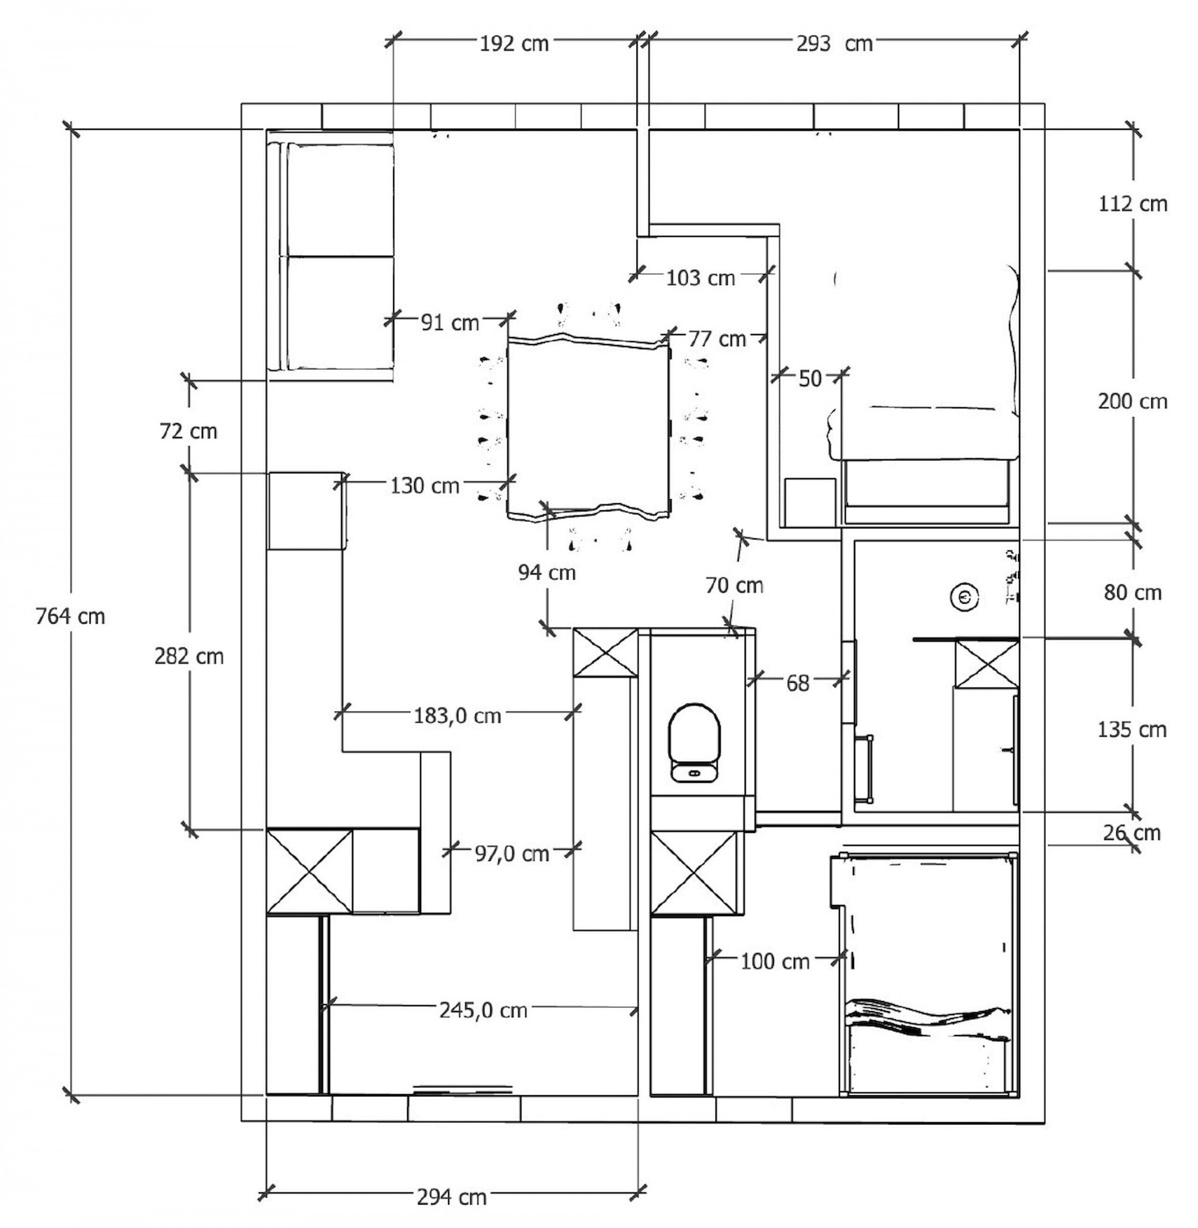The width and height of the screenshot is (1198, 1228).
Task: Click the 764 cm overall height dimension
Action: [70, 616]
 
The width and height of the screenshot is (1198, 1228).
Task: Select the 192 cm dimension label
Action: [514, 44]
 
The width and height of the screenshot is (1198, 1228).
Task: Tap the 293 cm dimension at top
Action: [834, 44]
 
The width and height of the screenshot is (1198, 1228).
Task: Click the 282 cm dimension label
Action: [189, 656]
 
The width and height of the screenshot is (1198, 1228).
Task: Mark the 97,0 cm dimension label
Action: [511, 854]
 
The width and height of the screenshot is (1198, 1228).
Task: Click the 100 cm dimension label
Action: [774, 961]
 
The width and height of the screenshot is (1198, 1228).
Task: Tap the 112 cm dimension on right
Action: [1132, 204]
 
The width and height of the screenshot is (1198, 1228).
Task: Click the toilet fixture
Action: [694, 742]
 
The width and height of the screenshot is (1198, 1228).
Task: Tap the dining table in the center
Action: [588, 428]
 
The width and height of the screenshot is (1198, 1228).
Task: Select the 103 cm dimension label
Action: [700, 278]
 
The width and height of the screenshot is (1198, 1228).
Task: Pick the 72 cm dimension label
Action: [188, 431]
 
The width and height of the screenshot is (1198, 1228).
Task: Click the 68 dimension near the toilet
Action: [797, 683]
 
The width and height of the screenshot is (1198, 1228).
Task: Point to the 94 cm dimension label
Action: [547, 572]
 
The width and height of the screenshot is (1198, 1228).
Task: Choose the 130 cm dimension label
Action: [425, 486]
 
